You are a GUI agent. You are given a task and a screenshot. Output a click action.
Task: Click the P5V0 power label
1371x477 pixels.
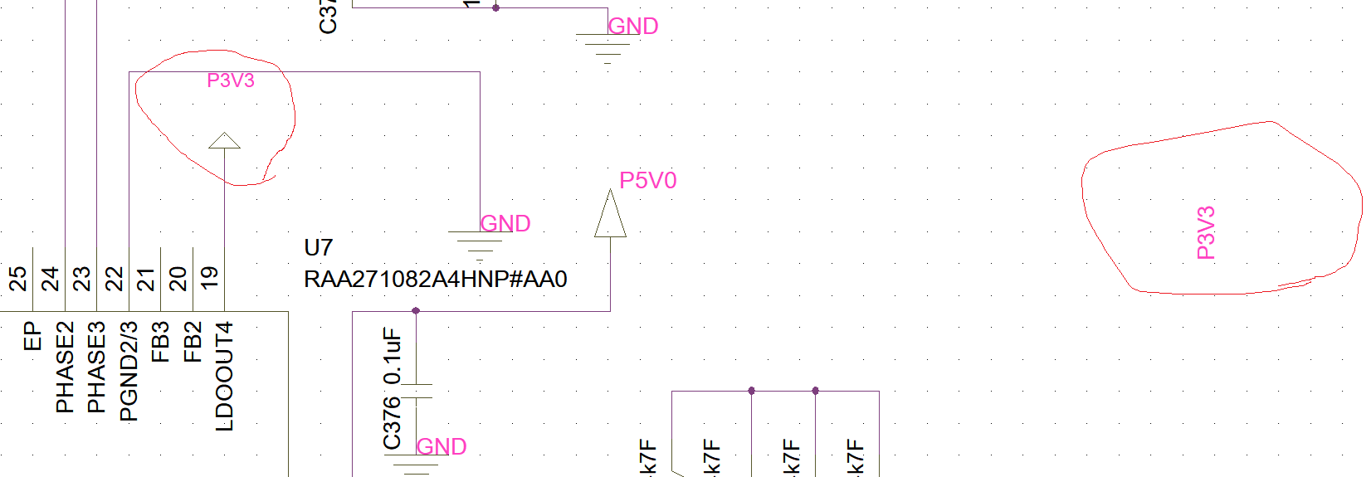[648, 181]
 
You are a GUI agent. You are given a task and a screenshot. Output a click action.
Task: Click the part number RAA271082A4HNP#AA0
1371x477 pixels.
[436, 280]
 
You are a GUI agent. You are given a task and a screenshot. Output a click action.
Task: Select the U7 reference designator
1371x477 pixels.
[318, 248]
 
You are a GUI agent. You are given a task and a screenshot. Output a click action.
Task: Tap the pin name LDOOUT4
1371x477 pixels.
[225, 377]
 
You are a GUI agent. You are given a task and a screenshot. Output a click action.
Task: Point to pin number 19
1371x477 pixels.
[209, 278]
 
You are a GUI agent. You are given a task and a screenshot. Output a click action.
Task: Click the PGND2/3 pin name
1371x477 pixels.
[129, 372]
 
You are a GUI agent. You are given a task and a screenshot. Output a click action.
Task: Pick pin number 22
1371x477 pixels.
[114, 278]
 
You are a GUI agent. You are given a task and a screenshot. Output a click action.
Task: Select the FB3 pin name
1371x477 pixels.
[160, 343]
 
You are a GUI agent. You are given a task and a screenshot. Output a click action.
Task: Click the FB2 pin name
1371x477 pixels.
[193, 343]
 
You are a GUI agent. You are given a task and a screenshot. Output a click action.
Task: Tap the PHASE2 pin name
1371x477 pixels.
[65, 367]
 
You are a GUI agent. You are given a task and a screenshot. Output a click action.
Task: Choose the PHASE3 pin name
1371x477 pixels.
[96, 367]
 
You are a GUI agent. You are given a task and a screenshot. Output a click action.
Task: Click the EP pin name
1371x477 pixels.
[32, 337]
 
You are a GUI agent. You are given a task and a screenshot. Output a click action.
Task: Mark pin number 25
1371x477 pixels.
[17, 278]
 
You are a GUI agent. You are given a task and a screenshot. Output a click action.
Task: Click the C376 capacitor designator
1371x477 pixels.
[392, 423]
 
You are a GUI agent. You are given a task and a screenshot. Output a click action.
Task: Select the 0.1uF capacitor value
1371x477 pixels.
[392, 356]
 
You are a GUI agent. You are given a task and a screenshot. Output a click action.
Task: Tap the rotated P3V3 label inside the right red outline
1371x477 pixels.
[1206, 233]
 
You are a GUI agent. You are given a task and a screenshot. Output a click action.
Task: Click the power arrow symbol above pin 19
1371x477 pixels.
[224, 140]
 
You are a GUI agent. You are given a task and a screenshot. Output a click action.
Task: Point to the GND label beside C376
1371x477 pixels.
[442, 447]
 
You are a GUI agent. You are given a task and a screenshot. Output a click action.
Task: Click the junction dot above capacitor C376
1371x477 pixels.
[416, 311]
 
